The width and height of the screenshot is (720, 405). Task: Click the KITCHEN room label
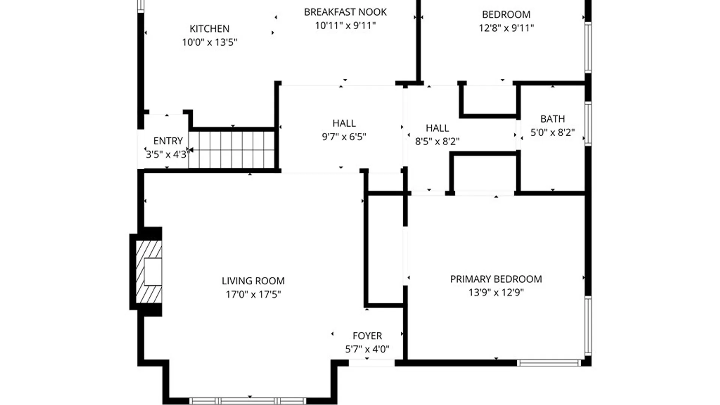click(x=209, y=28)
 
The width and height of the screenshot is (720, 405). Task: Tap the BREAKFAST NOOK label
click(x=345, y=12)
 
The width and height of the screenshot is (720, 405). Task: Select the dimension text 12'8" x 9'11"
click(x=506, y=28)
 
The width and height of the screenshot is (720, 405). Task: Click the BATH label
click(x=552, y=119)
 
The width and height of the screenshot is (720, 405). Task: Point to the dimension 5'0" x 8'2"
click(x=552, y=132)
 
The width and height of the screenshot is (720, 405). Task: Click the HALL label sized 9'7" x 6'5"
click(x=344, y=123)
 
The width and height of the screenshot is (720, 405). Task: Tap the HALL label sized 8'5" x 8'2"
click(x=437, y=128)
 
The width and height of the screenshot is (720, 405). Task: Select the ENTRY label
click(x=168, y=141)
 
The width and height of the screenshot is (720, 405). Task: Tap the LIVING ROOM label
click(x=253, y=281)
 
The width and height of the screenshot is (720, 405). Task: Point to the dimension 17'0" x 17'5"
click(x=253, y=294)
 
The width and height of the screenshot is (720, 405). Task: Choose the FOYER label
click(x=367, y=336)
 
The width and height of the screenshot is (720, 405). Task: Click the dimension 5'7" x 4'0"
click(x=367, y=349)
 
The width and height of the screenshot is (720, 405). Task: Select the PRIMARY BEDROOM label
click(x=496, y=279)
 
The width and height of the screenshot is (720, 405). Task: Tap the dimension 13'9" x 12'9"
click(x=496, y=292)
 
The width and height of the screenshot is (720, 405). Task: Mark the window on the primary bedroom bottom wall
click(x=549, y=363)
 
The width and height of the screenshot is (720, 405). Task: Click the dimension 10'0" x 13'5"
click(x=209, y=42)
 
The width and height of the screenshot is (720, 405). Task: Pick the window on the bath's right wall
click(x=588, y=124)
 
